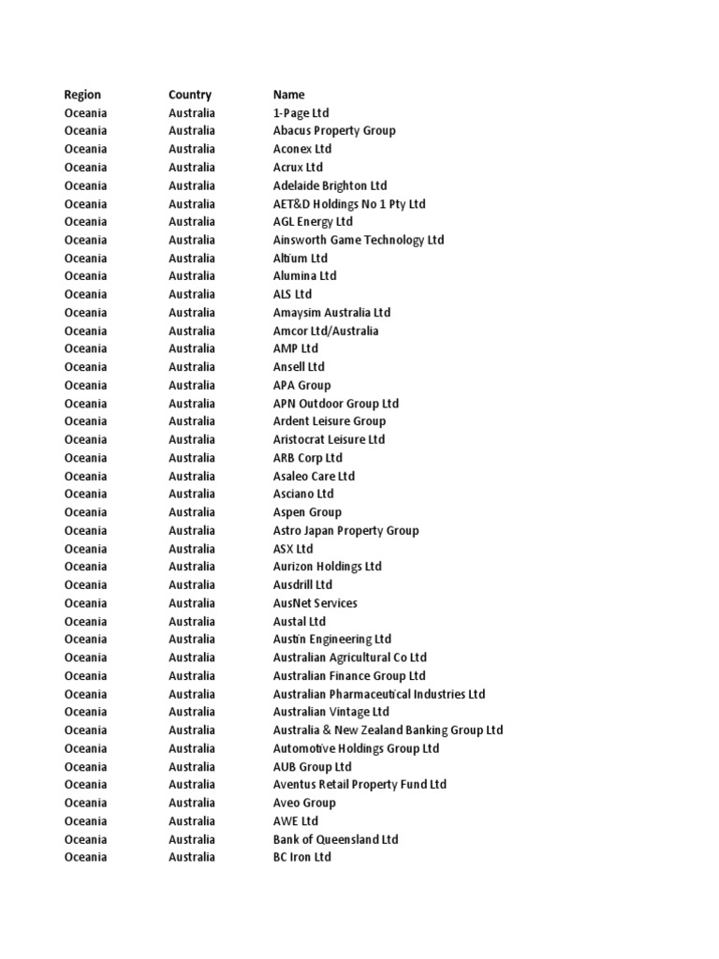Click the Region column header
pyautogui.click(x=82, y=95)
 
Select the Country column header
pyautogui.click(x=190, y=95)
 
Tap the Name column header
pyautogui.click(x=288, y=95)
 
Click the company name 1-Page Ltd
pyautogui.click(x=301, y=113)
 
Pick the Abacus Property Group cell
pyautogui.click(x=334, y=131)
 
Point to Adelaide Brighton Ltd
pyautogui.click(x=330, y=185)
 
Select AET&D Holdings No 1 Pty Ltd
pyautogui.click(x=349, y=204)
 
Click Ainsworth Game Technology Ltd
pyautogui.click(x=359, y=241)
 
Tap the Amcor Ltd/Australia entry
pyautogui.click(x=326, y=332)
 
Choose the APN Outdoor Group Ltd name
pyautogui.click(x=336, y=404)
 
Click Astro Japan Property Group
pyautogui.click(x=345, y=531)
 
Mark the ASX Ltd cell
pyautogui.click(x=293, y=549)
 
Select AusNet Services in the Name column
pyautogui.click(x=315, y=603)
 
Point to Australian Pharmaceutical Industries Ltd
pyautogui.click(x=379, y=694)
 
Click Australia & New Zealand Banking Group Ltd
pyautogui.click(x=388, y=730)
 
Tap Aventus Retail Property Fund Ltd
pyautogui.click(x=359, y=785)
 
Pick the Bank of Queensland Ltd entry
pyautogui.click(x=335, y=839)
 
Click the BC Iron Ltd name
pyautogui.click(x=301, y=858)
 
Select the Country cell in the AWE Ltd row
pyautogui.click(x=191, y=821)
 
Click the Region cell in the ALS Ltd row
pyautogui.click(x=85, y=295)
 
